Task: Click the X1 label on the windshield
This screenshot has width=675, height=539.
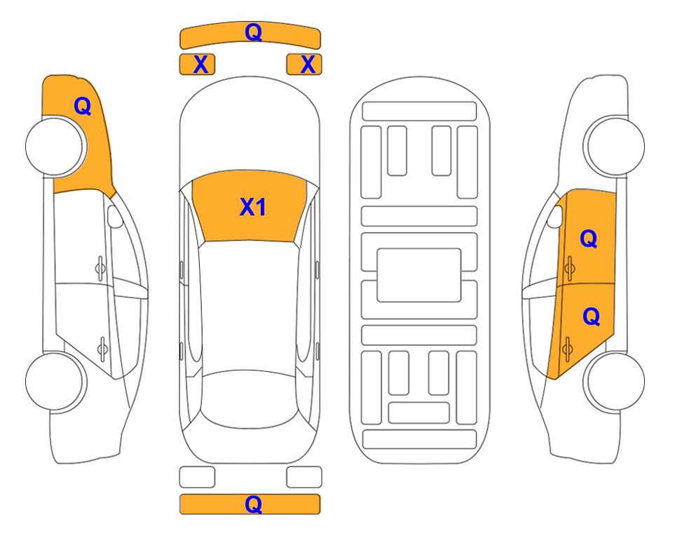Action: tap(253, 207)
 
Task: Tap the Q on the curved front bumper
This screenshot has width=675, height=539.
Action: tap(254, 32)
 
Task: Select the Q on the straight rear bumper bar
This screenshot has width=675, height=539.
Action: tap(254, 504)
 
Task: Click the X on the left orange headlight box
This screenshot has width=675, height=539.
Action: tap(200, 65)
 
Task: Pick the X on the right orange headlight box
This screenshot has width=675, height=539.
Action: tap(308, 65)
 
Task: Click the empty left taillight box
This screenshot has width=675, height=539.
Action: tap(197, 477)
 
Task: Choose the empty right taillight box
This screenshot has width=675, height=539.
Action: tap(304, 477)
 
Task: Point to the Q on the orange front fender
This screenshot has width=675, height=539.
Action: tap(83, 106)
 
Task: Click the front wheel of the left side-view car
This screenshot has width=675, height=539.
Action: tap(55, 147)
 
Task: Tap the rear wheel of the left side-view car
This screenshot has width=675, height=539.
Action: tap(55, 382)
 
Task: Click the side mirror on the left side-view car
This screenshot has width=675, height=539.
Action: tap(114, 216)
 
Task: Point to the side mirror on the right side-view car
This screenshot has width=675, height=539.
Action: tap(555, 216)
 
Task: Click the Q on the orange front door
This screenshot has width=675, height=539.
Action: tap(589, 239)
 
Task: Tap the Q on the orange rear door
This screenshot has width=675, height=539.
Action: tap(591, 317)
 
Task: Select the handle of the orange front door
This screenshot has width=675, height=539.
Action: tap(569, 268)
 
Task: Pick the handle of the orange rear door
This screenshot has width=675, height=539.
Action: tap(567, 349)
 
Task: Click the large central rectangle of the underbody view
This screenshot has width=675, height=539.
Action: tap(419, 275)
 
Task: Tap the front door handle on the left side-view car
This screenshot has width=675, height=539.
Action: tap(100, 268)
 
